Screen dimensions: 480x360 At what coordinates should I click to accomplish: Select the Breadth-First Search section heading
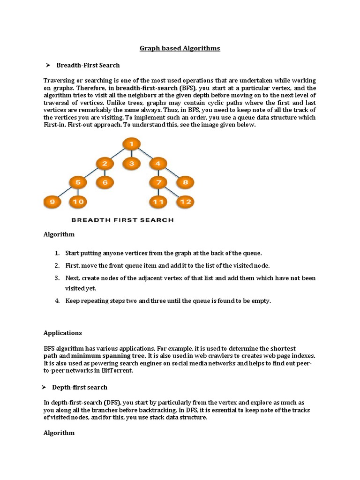(88, 65)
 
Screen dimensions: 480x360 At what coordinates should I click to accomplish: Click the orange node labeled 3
(132, 163)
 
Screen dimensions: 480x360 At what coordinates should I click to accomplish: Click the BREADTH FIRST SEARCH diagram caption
(122, 219)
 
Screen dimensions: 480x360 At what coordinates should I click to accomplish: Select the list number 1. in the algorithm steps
(57, 253)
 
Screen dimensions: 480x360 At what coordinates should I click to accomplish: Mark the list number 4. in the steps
(57, 301)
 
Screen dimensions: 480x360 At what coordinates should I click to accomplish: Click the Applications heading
(62, 333)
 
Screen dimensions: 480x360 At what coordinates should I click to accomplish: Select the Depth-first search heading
(82, 387)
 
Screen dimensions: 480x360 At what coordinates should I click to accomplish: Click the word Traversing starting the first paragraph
(59, 81)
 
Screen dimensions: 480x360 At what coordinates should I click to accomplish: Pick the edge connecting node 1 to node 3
(132, 154)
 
